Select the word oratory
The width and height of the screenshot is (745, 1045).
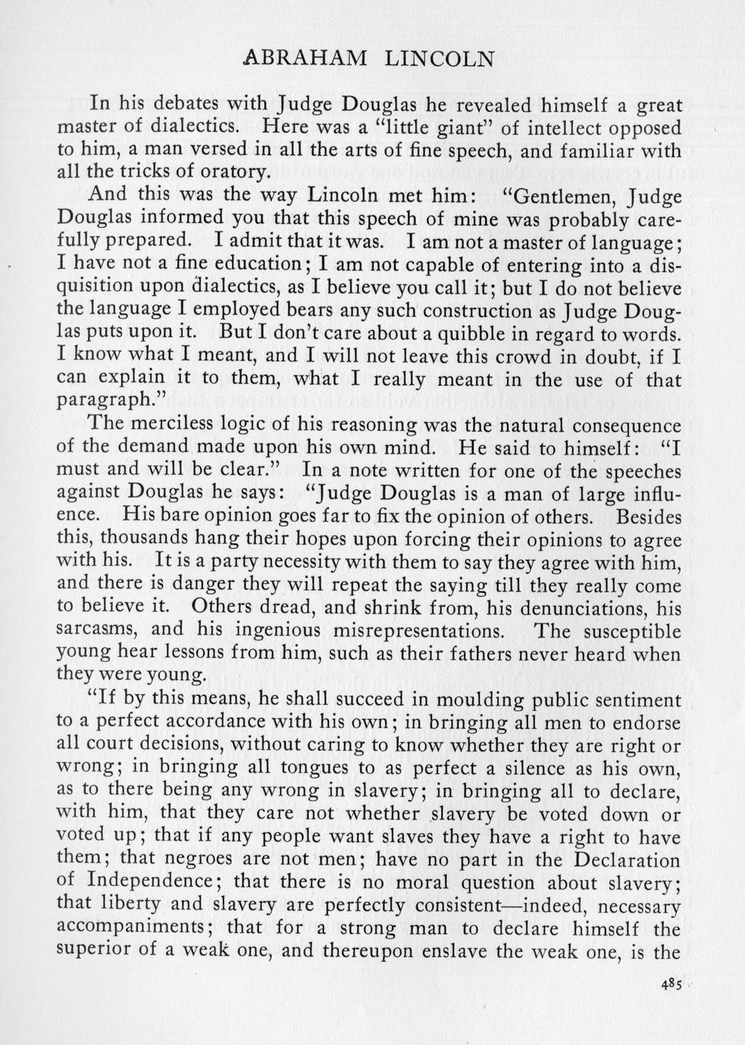234,172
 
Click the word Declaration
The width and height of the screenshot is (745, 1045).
626,860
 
